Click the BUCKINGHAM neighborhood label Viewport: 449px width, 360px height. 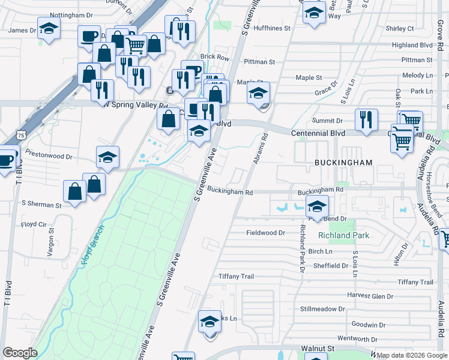coord(343,163)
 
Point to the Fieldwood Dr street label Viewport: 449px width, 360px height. coord(265,232)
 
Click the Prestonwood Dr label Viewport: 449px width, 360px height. coord(49,157)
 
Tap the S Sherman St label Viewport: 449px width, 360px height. coord(41,205)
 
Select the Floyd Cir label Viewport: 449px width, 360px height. coord(34,224)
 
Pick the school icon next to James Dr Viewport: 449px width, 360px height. coord(49,28)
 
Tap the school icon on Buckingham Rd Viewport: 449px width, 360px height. coord(316,208)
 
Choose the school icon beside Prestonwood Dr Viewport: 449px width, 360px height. coord(107,157)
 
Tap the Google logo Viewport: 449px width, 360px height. coord(20,352)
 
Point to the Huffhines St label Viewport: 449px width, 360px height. coord(271,28)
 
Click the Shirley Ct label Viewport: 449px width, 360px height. coord(400,28)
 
